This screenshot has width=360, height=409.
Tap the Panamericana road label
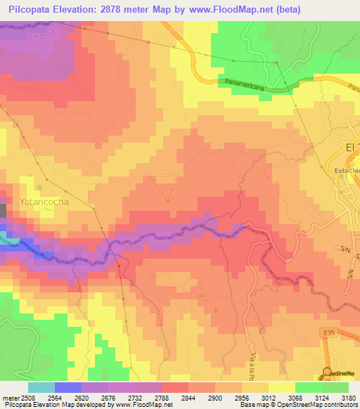250,83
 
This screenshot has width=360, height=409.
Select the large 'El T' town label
352,147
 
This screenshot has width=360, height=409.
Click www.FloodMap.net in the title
232,10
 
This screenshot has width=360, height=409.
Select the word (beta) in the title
288,10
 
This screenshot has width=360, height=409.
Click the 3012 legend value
267,397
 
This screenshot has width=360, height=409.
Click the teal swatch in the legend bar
41,387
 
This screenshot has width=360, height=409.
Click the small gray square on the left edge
3,210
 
